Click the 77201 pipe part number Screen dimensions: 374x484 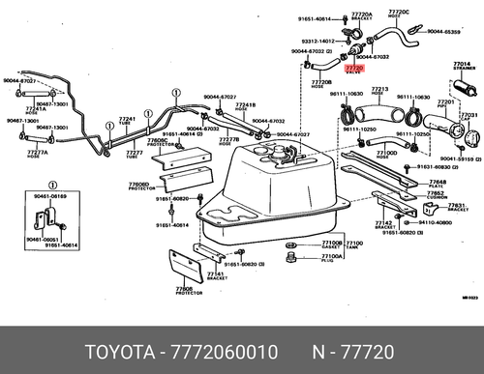tap(446, 101)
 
